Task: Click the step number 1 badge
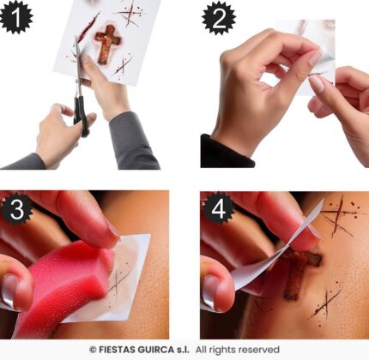15,17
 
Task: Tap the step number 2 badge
219,18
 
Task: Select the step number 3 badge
16,209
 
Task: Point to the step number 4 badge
219,209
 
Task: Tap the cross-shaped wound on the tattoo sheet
106,44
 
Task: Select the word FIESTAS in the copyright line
117,350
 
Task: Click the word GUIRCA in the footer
155,350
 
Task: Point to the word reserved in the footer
258,350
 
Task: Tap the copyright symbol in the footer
93,350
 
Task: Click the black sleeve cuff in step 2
226,153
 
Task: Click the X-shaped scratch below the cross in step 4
326,303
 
